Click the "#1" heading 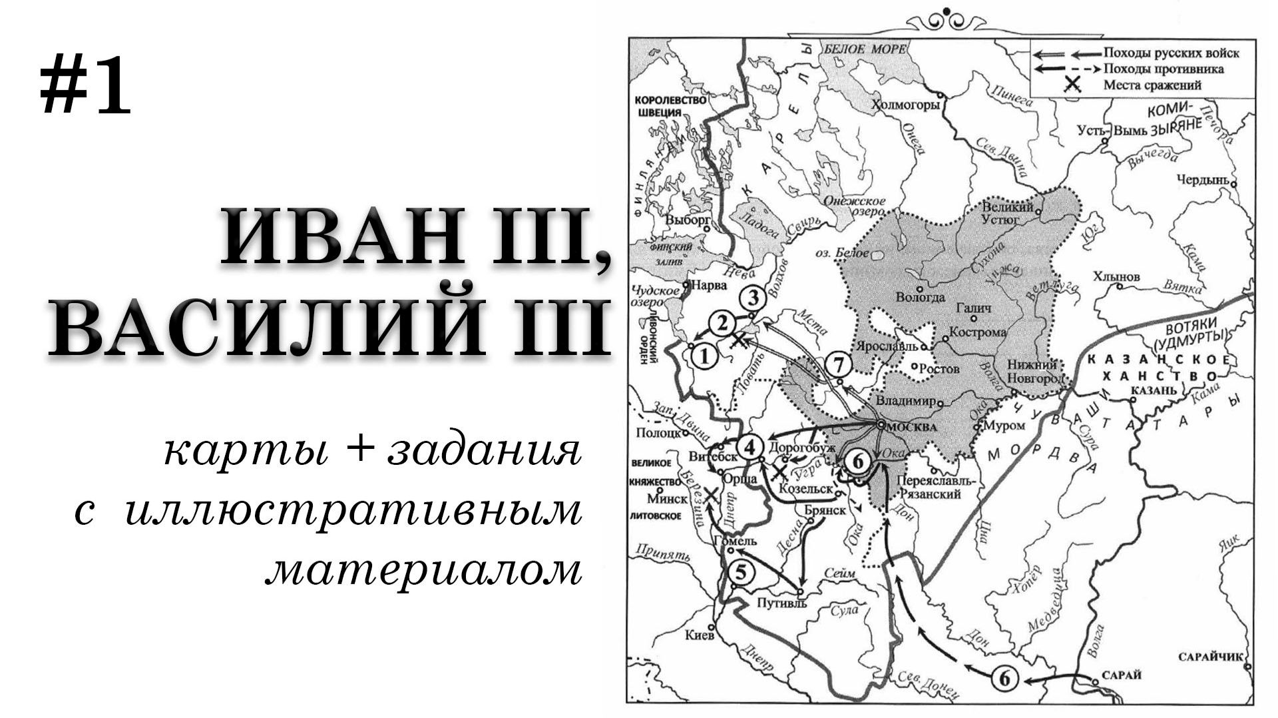point(85,85)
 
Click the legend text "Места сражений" point(1152,85)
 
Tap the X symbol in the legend point(1071,85)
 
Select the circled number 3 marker point(753,297)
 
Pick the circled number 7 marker point(838,365)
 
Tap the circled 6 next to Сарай point(1005,679)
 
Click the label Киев point(700,635)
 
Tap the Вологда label point(920,298)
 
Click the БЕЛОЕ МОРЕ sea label point(864,49)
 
